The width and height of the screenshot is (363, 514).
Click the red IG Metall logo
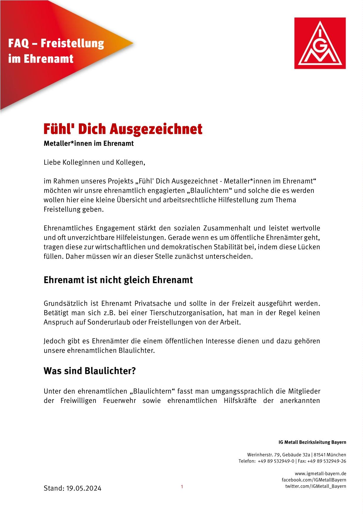tap(320, 43)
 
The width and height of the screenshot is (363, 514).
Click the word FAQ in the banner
tap(18, 44)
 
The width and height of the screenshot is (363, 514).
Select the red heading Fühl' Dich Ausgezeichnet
tap(123, 129)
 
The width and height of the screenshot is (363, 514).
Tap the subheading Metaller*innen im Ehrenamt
tap(88, 144)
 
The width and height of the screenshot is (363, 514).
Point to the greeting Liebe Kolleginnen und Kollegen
tap(94, 162)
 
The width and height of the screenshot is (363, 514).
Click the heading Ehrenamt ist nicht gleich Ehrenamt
tap(118, 280)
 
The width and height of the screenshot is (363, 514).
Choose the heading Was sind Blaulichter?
tap(90, 371)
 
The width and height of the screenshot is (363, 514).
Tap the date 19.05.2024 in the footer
tap(83, 488)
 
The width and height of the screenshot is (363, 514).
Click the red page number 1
tap(182, 487)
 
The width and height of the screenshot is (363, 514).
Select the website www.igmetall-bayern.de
tap(320, 474)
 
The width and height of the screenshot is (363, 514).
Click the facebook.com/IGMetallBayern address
tap(314, 480)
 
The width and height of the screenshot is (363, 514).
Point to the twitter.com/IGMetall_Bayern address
tap(316, 486)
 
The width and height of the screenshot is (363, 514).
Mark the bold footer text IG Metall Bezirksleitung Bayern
tap(312, 442)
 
